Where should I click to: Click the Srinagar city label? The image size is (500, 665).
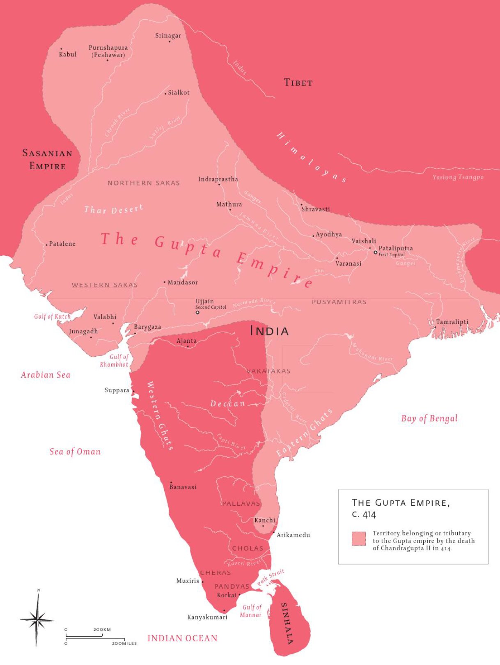tap(168, 36)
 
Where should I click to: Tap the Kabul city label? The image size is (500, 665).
tap(68, 54)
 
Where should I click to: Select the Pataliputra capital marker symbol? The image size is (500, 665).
tap(375, 252)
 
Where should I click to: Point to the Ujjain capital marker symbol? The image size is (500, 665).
tap(197, 312)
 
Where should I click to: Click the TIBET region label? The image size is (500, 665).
tap(298, 83)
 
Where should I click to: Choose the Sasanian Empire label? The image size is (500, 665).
tap(47, 160)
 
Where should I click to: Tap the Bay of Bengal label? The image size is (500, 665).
tap(429, 418)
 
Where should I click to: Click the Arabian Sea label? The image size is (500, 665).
tap(46, 375)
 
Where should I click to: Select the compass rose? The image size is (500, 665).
tap(37, 619)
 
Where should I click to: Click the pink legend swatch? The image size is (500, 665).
tap(358, 539)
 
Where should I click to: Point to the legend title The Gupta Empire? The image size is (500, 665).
tap(400, 503)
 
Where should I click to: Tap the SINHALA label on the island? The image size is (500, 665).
tap(287, 624)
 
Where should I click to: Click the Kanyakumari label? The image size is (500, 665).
tap(207, 617)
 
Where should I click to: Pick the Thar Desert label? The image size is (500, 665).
tap(114, 209)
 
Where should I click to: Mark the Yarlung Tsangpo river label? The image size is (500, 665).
tap(458, 177)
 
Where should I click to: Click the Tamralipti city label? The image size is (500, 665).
tap(452, 322)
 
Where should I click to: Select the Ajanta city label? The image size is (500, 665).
tap(186, 341)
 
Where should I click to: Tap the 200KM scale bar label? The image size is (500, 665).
tap(102, 630)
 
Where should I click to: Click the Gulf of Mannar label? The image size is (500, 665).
tap(251, 611)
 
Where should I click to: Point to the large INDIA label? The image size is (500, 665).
tap(269, 331)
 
